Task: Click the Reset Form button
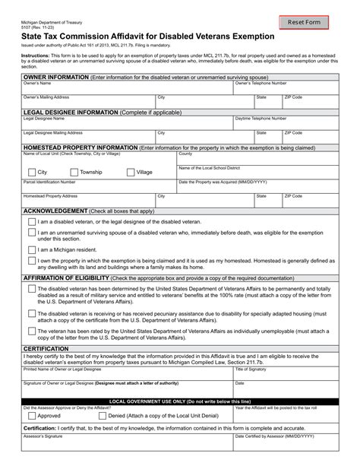click(x=308, y=23)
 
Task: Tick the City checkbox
click(x=30, y=173)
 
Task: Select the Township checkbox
click(x=73, y=173)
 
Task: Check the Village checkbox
click(x=129, y=173)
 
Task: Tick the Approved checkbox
click(x=30, y=416)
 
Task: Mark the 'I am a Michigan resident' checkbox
click(x=30, y=249)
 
